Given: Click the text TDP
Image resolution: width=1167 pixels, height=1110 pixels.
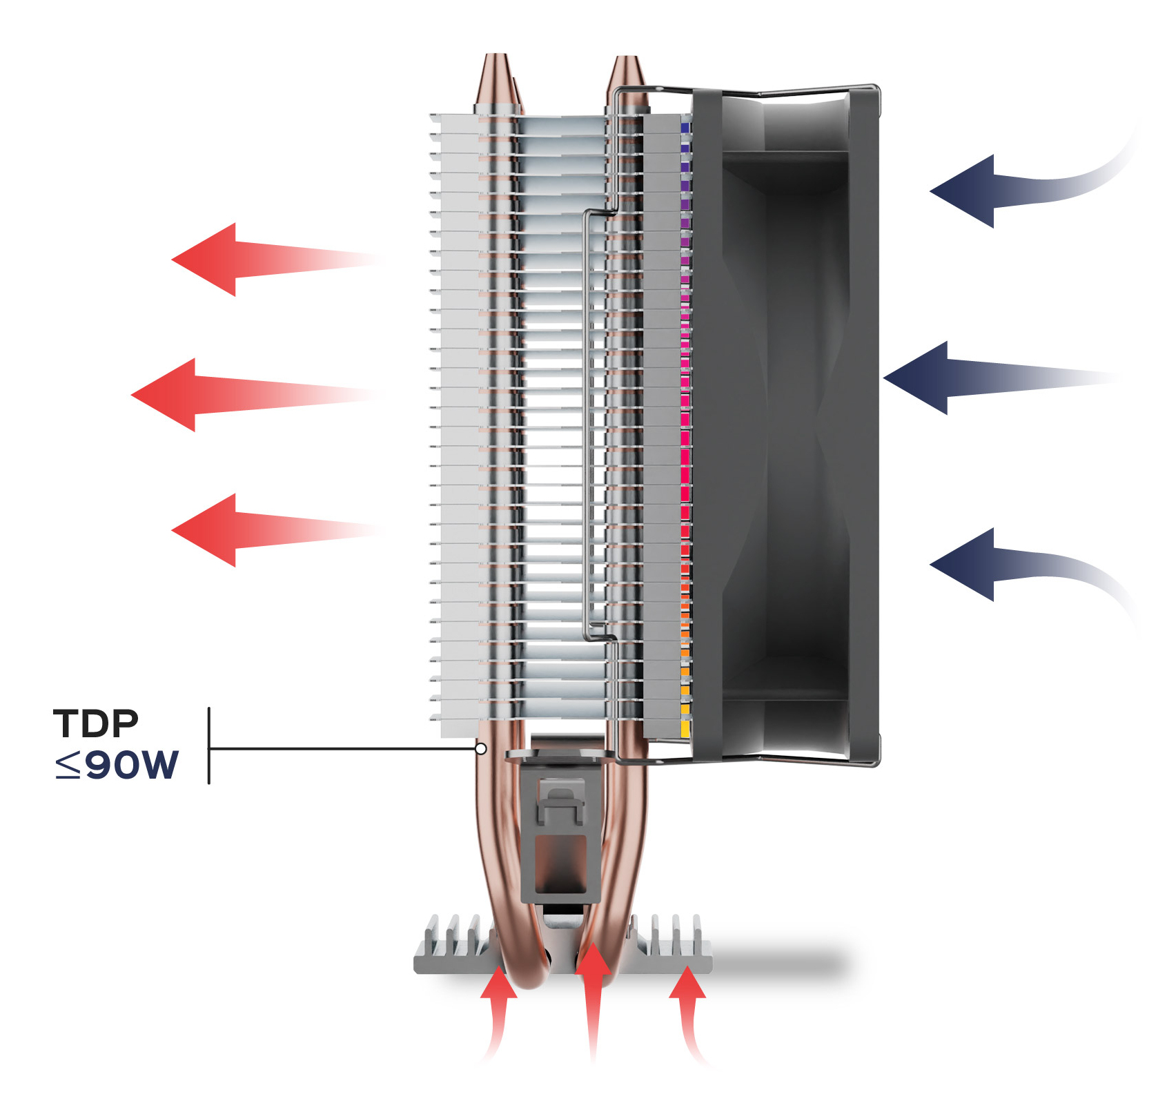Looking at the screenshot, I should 96,723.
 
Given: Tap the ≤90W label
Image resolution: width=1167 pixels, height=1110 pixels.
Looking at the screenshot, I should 117,764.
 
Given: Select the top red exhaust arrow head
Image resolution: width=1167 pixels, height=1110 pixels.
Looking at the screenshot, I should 207,260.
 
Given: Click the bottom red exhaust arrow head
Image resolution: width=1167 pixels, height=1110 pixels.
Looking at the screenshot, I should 207,530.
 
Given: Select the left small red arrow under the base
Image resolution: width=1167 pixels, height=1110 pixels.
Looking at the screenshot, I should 498,984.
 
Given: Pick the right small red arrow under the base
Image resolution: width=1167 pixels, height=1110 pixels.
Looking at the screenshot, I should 687,984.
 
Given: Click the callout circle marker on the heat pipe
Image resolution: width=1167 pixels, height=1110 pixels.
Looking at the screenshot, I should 481,748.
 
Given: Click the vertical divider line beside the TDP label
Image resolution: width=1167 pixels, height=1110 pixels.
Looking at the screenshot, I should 208,746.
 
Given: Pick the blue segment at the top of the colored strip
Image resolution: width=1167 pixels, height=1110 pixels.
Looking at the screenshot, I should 685,128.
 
